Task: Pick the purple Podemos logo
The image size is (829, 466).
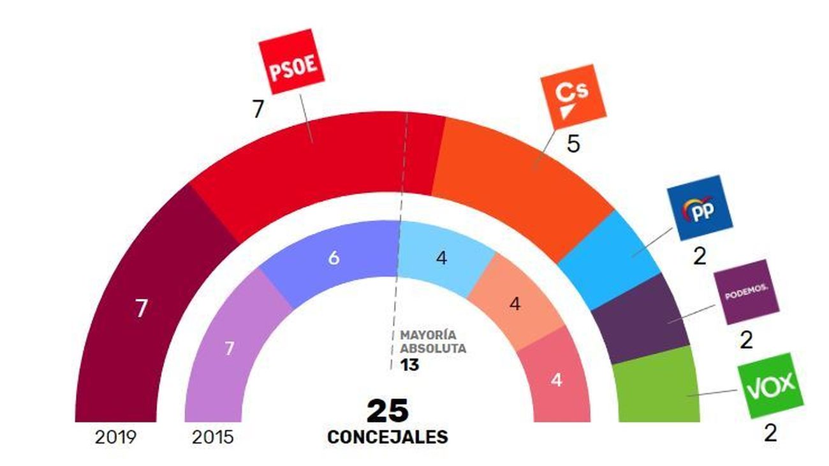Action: click(x=745, y=296)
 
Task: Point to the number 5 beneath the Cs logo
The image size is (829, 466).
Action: click(x=573, y=145)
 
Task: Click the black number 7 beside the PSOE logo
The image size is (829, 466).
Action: click(x=258, y=110)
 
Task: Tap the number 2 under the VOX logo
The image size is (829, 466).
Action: click(x=770, y=434)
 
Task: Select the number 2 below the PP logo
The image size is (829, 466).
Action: click(x=700, y=256)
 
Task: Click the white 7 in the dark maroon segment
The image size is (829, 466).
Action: click(x=141, y=309)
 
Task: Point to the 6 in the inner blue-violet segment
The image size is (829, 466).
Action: click(x=334, y=259)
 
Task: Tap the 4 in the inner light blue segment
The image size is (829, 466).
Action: click(x=441, y=259)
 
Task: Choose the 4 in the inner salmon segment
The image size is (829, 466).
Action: click(x=515, y=304)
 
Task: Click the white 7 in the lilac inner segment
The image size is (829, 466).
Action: click(x=230, y=349)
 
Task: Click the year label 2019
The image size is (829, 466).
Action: click(x=115, y=437)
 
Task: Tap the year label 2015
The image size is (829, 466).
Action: click(x=213, y=437)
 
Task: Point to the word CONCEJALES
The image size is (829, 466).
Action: click(x=387, y=437)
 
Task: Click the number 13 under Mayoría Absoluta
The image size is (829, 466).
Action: click(x=409, y=365)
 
